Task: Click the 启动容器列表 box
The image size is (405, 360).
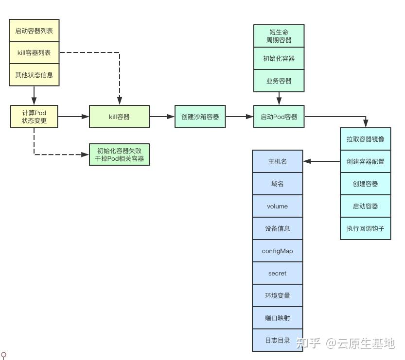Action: pyautogui.click(x=34, y=31)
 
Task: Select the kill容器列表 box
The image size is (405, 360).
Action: pyautogui.click(x=34, y=52)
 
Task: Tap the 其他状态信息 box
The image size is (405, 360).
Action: pyautogui.click(x=34, y=75)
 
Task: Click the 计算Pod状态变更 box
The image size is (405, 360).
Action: pyautogui.click(x=34, y=117)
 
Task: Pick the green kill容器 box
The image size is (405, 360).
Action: pyautogui.click(x=119, y=117)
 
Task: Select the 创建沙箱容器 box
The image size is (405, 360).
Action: pyautogui.click(x=200, y=117)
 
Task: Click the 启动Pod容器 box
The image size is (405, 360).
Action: pyautogui.click(x=279, y=117)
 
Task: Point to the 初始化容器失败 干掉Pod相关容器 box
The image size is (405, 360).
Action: pyautogui.click(x=119, y=154)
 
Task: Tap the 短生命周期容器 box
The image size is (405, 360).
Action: pyautogui.click(x=279, y=36)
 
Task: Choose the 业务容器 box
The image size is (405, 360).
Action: pyautogui.click(x=279, y=81)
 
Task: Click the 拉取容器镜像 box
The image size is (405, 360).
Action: pyautogui.click(x=365, y=139)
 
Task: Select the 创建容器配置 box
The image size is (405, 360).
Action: pyautogui.click(x=365, y=161)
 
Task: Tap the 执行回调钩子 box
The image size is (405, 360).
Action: pyautogui.click(x=365, y=228)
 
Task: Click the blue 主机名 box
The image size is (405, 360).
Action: pyautogui.click(x=277, y=161)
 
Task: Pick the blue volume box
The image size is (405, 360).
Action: pyautogui.click(x=277, y=206)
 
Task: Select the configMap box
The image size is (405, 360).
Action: pyautogui.click(x=277, y=251)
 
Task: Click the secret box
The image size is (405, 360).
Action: pyautogui.click(x=277, y=274)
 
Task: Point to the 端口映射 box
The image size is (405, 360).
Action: pyautogui.click(x=277, y=318)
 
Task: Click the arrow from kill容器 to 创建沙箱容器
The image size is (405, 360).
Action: pyautogui.click(x=162, y=117)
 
